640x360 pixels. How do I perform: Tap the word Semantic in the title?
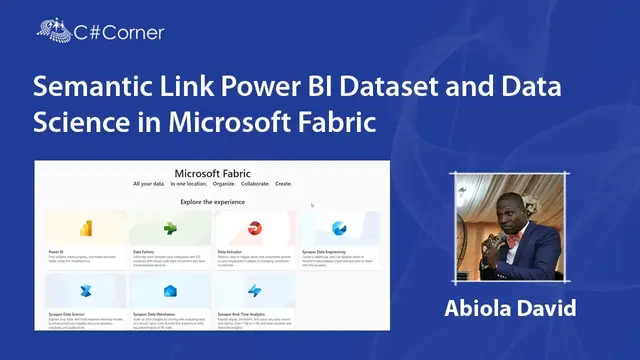[86, 87]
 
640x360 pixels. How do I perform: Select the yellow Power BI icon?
[85, 228]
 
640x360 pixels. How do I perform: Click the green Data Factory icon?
[171, 228]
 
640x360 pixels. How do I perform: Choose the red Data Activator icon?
[255, 228]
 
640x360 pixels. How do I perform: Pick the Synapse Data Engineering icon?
[340, 228]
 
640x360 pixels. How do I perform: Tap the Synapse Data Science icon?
[85, 290]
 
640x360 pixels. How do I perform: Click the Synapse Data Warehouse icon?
[171, 290]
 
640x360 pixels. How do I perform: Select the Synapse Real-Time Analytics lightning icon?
[255, 290]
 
